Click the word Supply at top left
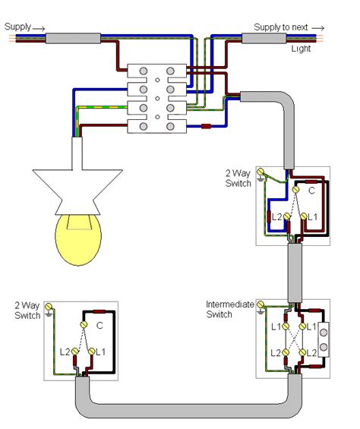[17, 27]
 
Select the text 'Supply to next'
[281, 27]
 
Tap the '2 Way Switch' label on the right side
[238, 179]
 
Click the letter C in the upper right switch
[309, 193]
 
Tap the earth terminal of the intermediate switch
[262, 307]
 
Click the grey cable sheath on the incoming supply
[73, 38]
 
